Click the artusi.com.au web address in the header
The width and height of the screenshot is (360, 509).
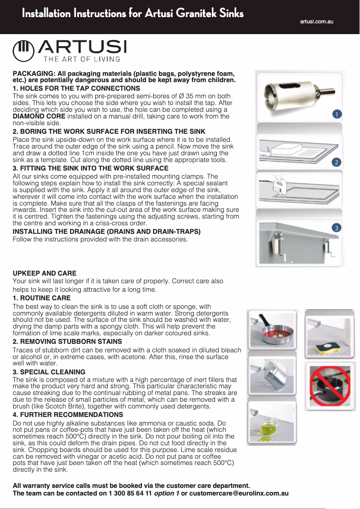317,22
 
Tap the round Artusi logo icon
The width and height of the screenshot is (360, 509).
24,51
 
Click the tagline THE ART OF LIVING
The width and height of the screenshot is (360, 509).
82,59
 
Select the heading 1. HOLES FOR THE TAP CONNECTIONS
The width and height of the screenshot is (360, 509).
76,88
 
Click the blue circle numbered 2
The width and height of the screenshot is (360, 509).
336,162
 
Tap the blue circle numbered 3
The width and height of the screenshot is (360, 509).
336,228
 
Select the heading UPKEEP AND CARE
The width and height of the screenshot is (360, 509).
44,273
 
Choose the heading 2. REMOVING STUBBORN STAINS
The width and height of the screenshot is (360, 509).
67,342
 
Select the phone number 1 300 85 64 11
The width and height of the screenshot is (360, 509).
130,493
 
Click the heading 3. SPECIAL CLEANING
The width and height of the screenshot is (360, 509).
49,372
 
